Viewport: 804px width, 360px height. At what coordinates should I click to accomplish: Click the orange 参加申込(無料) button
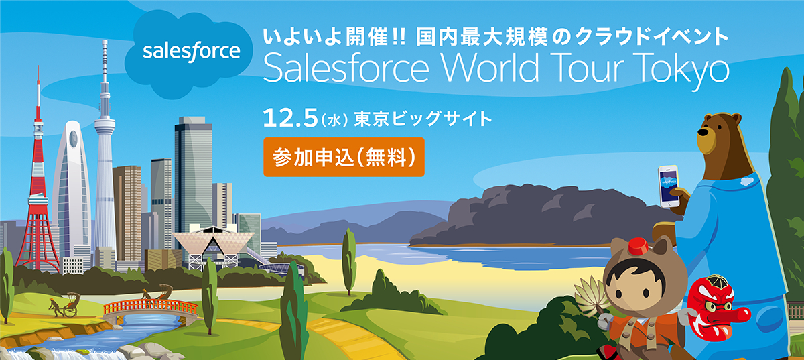(344, 157)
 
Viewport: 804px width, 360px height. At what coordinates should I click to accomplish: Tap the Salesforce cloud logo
(188, 54)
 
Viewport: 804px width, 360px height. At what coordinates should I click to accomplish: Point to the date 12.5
(290, 119)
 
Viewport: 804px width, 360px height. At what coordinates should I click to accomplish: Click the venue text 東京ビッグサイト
(423, 119)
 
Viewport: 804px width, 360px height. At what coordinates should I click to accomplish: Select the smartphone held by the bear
(669, 186)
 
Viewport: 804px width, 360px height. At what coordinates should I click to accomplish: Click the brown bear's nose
(702, 131)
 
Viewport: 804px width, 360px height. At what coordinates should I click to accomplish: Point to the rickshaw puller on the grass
(54, 307)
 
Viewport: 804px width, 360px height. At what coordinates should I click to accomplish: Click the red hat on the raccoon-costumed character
(638, 247)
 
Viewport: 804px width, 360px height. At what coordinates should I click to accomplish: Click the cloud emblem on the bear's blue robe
(746, 181)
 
